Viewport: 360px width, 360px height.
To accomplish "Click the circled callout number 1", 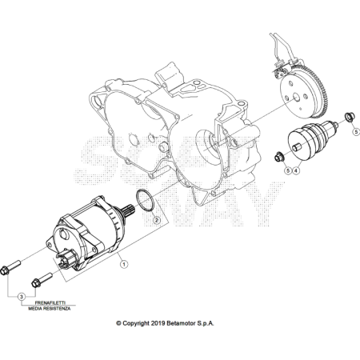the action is pos(124,264).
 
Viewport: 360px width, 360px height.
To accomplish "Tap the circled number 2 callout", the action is pos(157,220).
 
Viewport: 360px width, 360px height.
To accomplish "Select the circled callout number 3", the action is pos(22,296).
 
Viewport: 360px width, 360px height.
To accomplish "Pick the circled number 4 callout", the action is pos(296,170).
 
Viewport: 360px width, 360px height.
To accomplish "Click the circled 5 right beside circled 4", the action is pos(288,170).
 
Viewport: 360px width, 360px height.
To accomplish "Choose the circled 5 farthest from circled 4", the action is pos(356,131).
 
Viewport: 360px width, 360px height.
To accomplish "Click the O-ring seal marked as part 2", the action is pos(146,200).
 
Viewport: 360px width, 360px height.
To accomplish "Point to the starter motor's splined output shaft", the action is pos(129,210).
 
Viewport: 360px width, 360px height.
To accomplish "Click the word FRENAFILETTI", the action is pos(50,303).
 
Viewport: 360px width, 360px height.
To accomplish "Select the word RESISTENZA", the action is pos(57,309).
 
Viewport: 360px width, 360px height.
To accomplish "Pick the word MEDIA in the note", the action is pos(34,309).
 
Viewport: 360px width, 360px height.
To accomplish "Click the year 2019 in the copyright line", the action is pos(158,323).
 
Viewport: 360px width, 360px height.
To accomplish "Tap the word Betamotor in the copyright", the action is pos(181,323).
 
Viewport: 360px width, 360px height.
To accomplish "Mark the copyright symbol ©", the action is pos(118,323).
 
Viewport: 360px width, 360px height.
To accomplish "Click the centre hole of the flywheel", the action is pos(296,98).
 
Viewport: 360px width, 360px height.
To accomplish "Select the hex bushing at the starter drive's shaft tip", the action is pos(348,117).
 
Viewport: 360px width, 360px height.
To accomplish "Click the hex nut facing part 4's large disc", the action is pos(279,156).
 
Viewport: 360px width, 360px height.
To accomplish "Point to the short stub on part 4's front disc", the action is pos(297,147).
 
